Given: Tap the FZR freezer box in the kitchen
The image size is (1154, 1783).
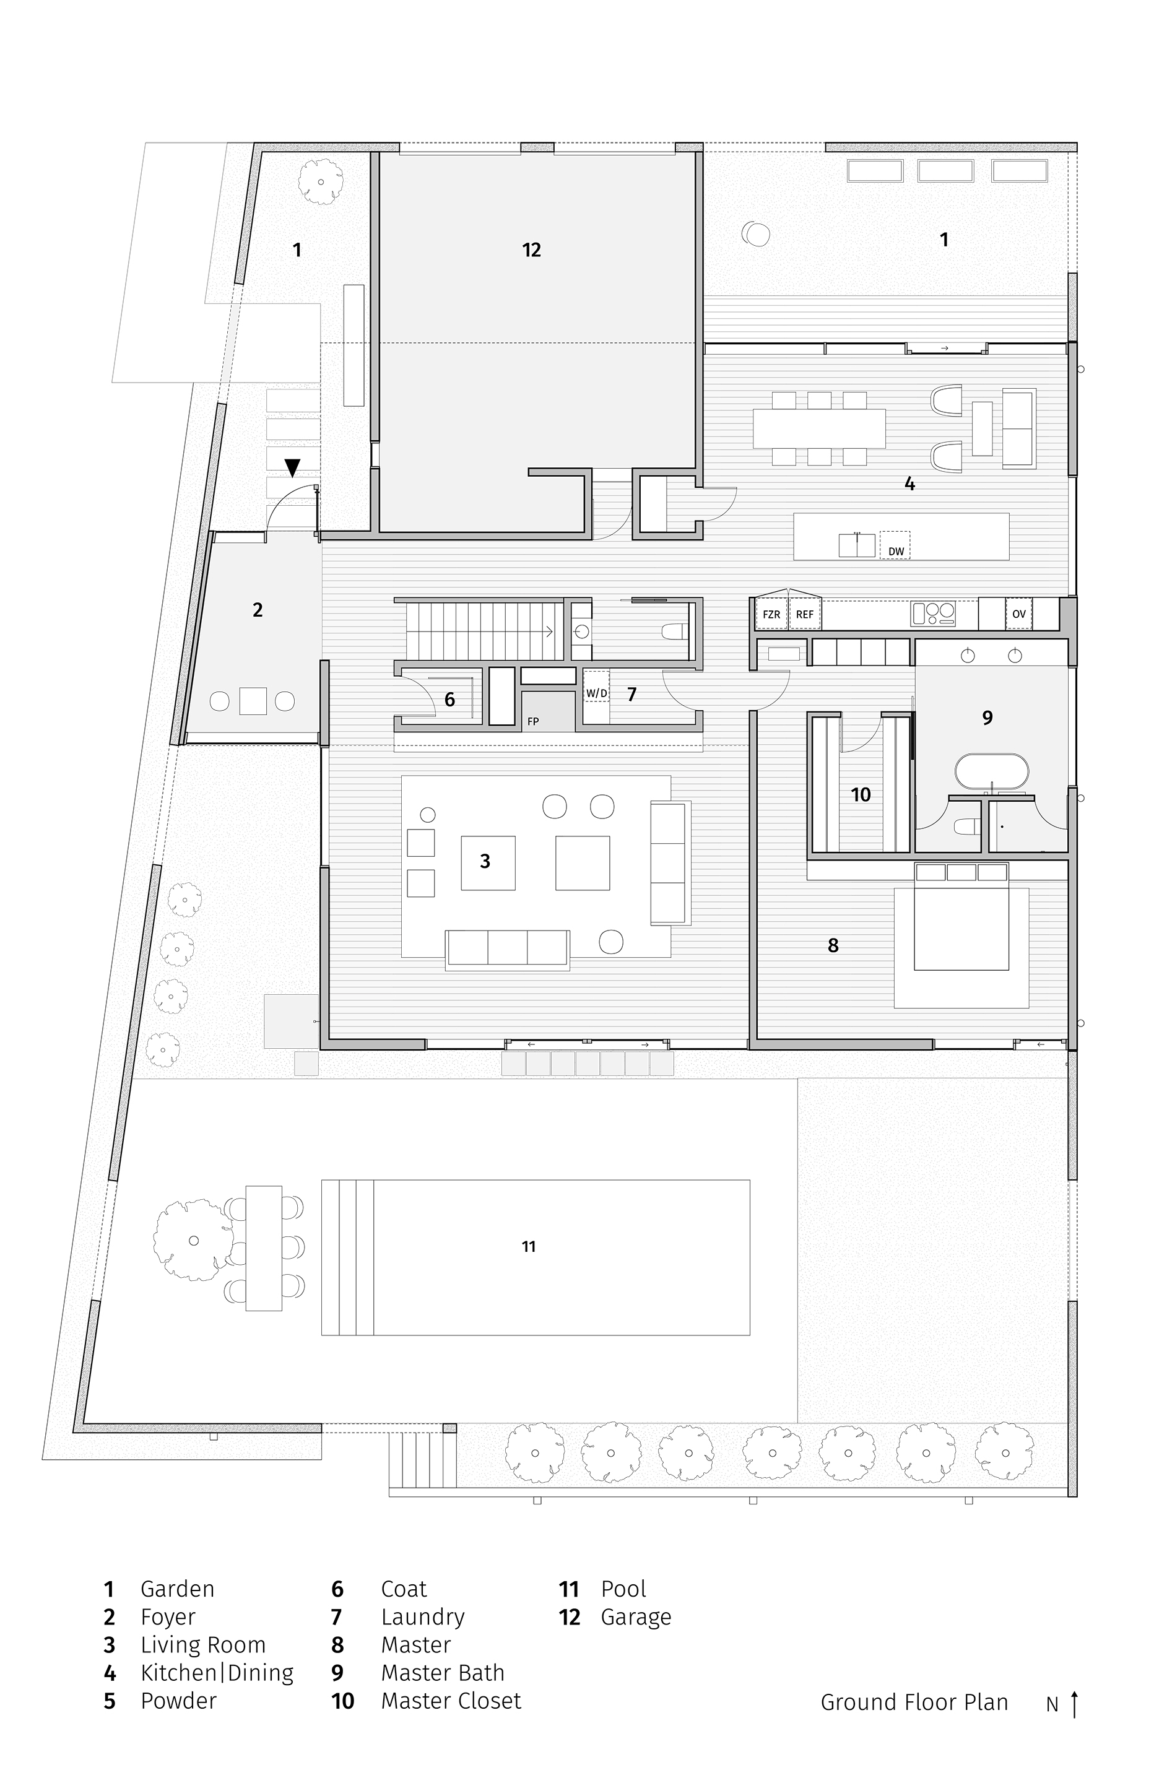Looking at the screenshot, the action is (x=771, y=614).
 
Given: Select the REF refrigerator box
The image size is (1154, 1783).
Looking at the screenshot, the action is (x=804, y=614).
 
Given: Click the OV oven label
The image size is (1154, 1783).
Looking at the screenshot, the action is (x=1019, y=614).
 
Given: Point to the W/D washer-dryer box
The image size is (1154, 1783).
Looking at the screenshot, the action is (x=596, y=693).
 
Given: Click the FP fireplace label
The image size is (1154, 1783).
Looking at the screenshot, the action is (x=533, y=721).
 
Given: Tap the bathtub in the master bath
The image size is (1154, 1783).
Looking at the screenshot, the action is (x=991, y=773).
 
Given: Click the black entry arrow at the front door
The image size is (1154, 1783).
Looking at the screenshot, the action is (x=292, y=467).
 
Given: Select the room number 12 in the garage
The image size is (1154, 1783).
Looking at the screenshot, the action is (x=531, y=250).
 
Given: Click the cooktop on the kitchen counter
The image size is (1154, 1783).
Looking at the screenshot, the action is (x=934, y=614).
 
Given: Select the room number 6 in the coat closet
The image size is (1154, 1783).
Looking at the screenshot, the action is (x=449, y=700).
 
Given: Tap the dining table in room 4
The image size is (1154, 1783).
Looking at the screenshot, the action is (x=819, y=428).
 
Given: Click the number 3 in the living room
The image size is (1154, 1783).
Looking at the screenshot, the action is (x=485, y=862).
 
